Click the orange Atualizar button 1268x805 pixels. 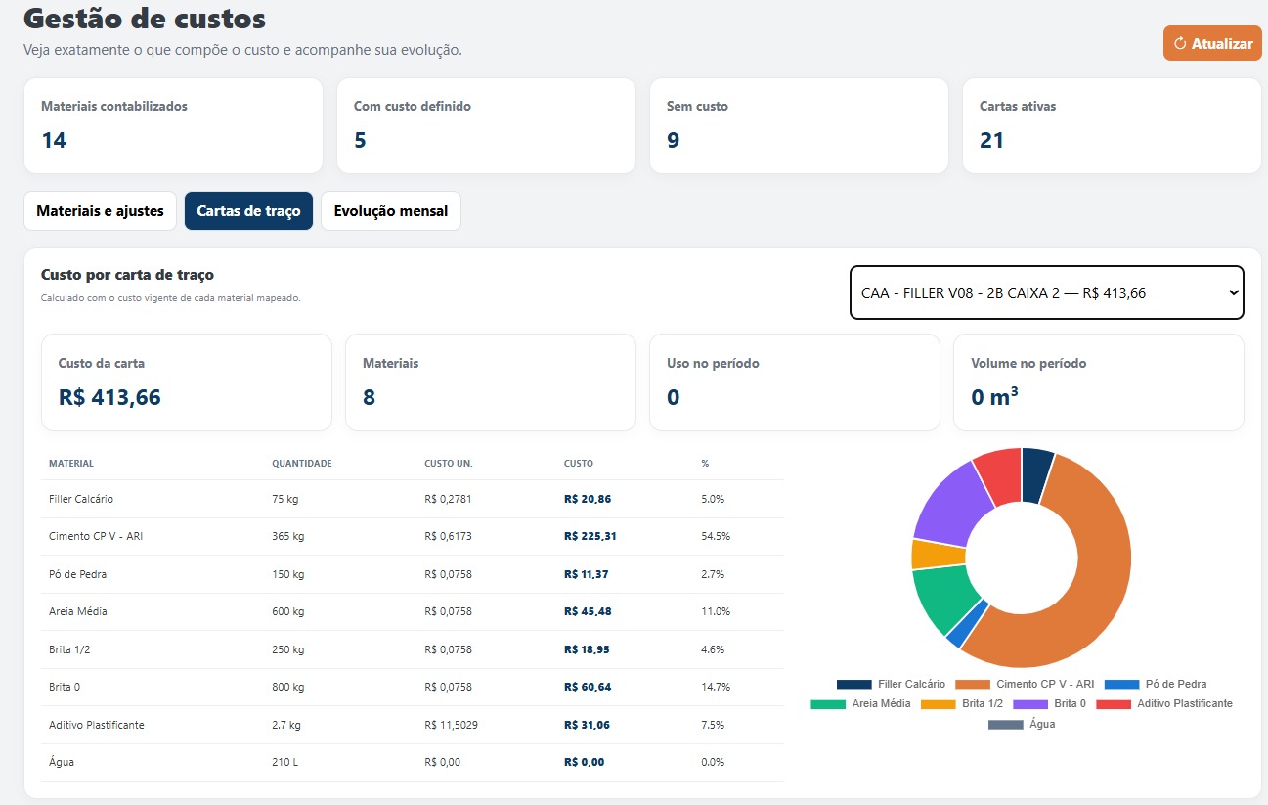(x=1212, y=43)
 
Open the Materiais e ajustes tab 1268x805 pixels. (x=100, y=211)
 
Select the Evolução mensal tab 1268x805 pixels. (x=391, y=211)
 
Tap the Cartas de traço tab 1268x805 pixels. (x=248, y=211)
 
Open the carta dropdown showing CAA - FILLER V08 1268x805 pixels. (x=1047, y=292)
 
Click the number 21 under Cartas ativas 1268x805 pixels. (x=991, y=140)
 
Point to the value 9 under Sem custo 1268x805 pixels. (x=673, y=140)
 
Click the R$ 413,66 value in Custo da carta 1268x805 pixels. (x=109, y=397)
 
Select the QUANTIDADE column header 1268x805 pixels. (x=302, y=464)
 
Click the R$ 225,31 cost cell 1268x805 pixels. (x=590, y=536)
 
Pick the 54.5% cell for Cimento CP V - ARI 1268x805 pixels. (x=716, y=536)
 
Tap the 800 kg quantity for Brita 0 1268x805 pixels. (x=287, y=687)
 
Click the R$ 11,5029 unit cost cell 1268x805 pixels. (x=451, y=725)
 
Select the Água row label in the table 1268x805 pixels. (x=62, y=762)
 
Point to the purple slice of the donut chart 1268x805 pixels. (x=951, y=504)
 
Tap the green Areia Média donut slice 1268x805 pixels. (x=942, y=596)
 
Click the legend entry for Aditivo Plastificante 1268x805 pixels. (x=1164, y=703)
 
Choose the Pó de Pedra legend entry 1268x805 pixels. (x=1156, y=684)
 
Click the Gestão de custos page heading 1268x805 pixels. (x=145, y=19)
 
